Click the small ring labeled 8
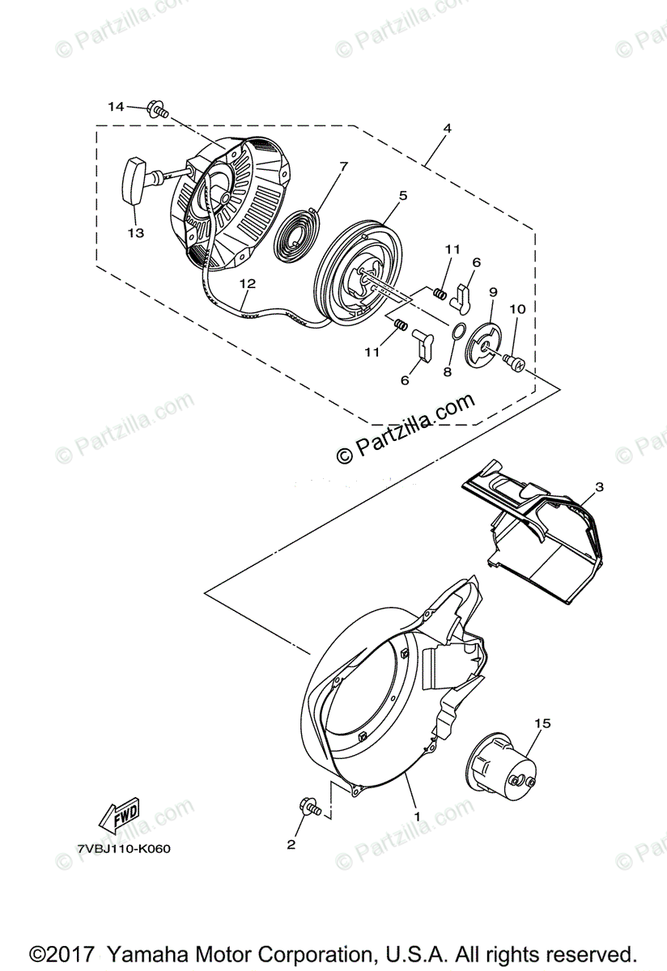point(457,332)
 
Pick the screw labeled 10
point(514,362)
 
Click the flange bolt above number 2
point(310,808)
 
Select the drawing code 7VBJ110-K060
point(124,850)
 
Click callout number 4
point(447,129)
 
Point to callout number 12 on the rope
point(247,284)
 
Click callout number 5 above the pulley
point(403,195)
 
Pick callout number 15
point(542,723)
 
